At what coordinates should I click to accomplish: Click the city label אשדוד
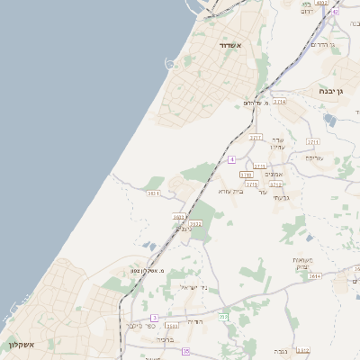(231, 44)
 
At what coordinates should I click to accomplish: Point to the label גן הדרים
(321, 44)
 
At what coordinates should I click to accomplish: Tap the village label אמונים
(275, 175)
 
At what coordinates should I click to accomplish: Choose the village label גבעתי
(281, 198)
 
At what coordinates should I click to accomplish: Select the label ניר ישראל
(194, 286)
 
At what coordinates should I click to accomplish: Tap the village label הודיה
(200, 321)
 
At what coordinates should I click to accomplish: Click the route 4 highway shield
(231, 159)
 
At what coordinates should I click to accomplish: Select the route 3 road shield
(154, 318)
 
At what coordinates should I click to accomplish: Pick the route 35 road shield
(186, 350)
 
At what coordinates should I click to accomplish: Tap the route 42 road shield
(336, 12)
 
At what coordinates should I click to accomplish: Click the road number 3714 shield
(281, 103)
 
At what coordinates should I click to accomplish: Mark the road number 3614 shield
(314, 276)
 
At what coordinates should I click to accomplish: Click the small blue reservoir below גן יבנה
(330, 120)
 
